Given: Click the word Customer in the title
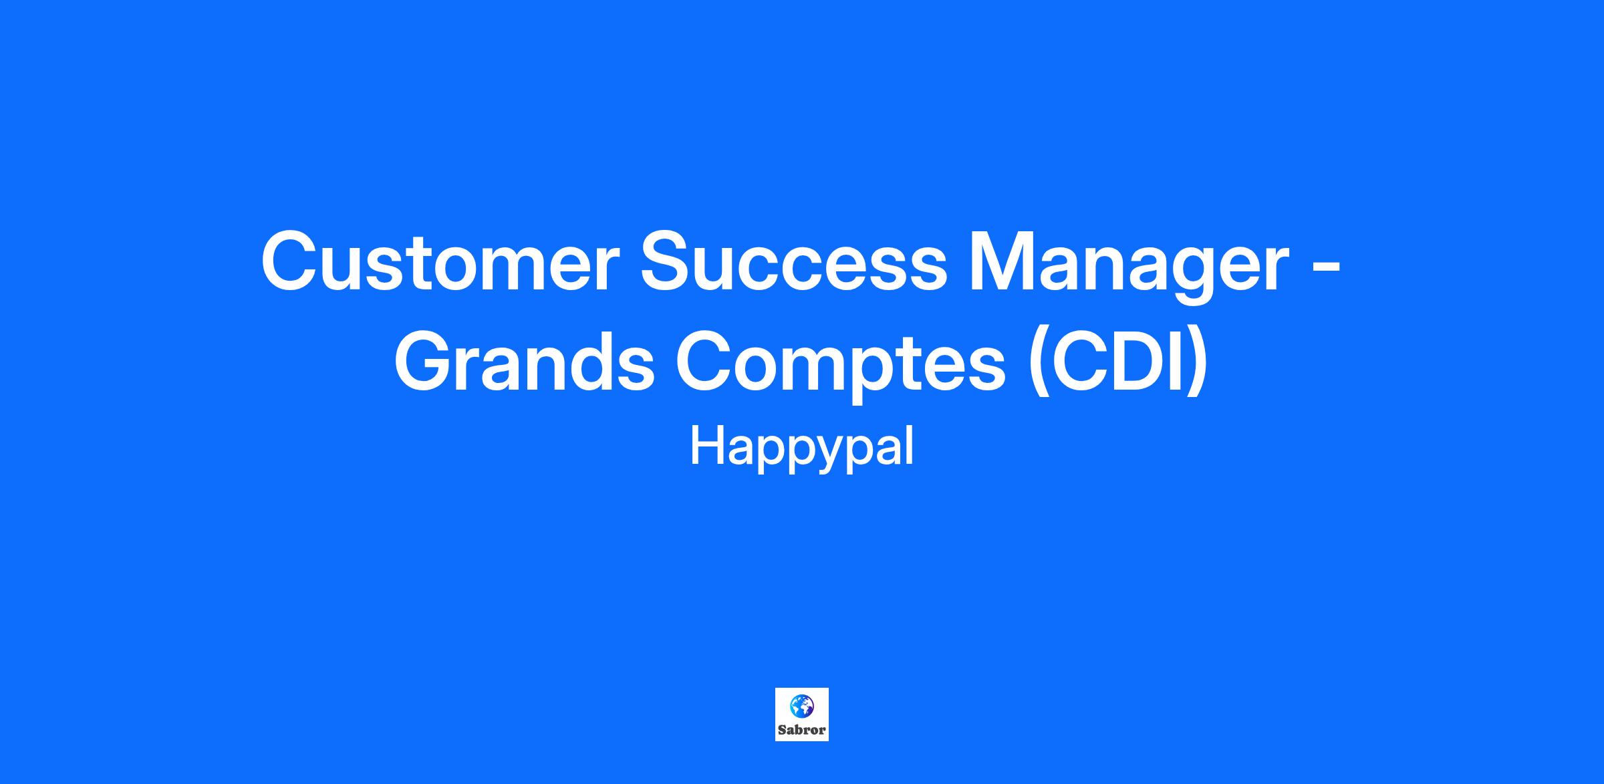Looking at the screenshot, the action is pyautogui.click(x=438, y=261).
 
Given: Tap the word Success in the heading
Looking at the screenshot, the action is pyautogui.click(x=793, y=261).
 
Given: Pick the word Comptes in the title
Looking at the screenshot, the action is pyautogui.click(x=841, y=366).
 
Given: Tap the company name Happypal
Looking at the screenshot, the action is pyautogui.click(x=801, y=447).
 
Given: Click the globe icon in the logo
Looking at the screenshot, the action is pyautogui.click(x=801, y=706).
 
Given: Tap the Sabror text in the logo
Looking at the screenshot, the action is pyautogui.click(x=801, y=730).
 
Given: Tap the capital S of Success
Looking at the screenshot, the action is pyautogui.click(x=666, y=261).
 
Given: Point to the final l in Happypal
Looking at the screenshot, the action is pyautogui.click(x=910, y=446).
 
